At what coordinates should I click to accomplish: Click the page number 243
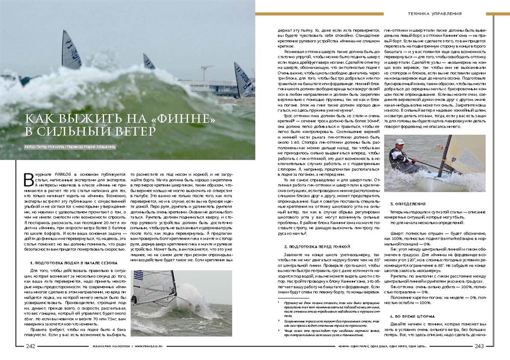(479, 347)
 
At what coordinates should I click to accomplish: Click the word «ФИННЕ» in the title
(186, 119)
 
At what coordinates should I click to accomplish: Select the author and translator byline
(69, 147)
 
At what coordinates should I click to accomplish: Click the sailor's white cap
(400, 142)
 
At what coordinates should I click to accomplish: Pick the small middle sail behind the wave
(148, 62)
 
